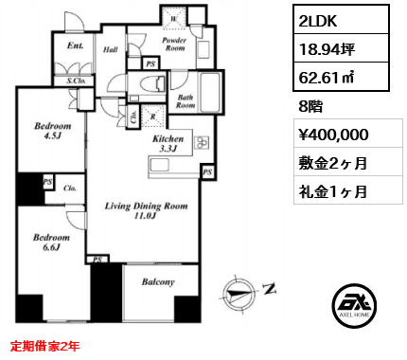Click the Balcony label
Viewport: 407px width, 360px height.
158,281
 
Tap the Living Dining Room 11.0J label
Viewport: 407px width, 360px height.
146,210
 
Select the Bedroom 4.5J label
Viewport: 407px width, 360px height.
52,131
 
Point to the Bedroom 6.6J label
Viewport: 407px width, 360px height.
51,242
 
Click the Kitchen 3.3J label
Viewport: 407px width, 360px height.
168,143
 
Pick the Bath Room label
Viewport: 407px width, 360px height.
186,101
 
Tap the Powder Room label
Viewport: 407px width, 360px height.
174,44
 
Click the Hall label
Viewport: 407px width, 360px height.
111,49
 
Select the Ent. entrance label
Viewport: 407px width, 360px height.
76,45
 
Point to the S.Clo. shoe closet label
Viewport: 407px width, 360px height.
76,81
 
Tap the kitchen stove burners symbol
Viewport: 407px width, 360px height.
202,142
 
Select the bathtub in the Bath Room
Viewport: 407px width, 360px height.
210,92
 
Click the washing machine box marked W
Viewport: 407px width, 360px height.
174,18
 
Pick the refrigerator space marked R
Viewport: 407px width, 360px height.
153,117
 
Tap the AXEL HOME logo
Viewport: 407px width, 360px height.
354,305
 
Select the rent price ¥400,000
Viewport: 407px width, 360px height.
333,135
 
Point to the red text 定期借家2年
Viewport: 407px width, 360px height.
44,346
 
